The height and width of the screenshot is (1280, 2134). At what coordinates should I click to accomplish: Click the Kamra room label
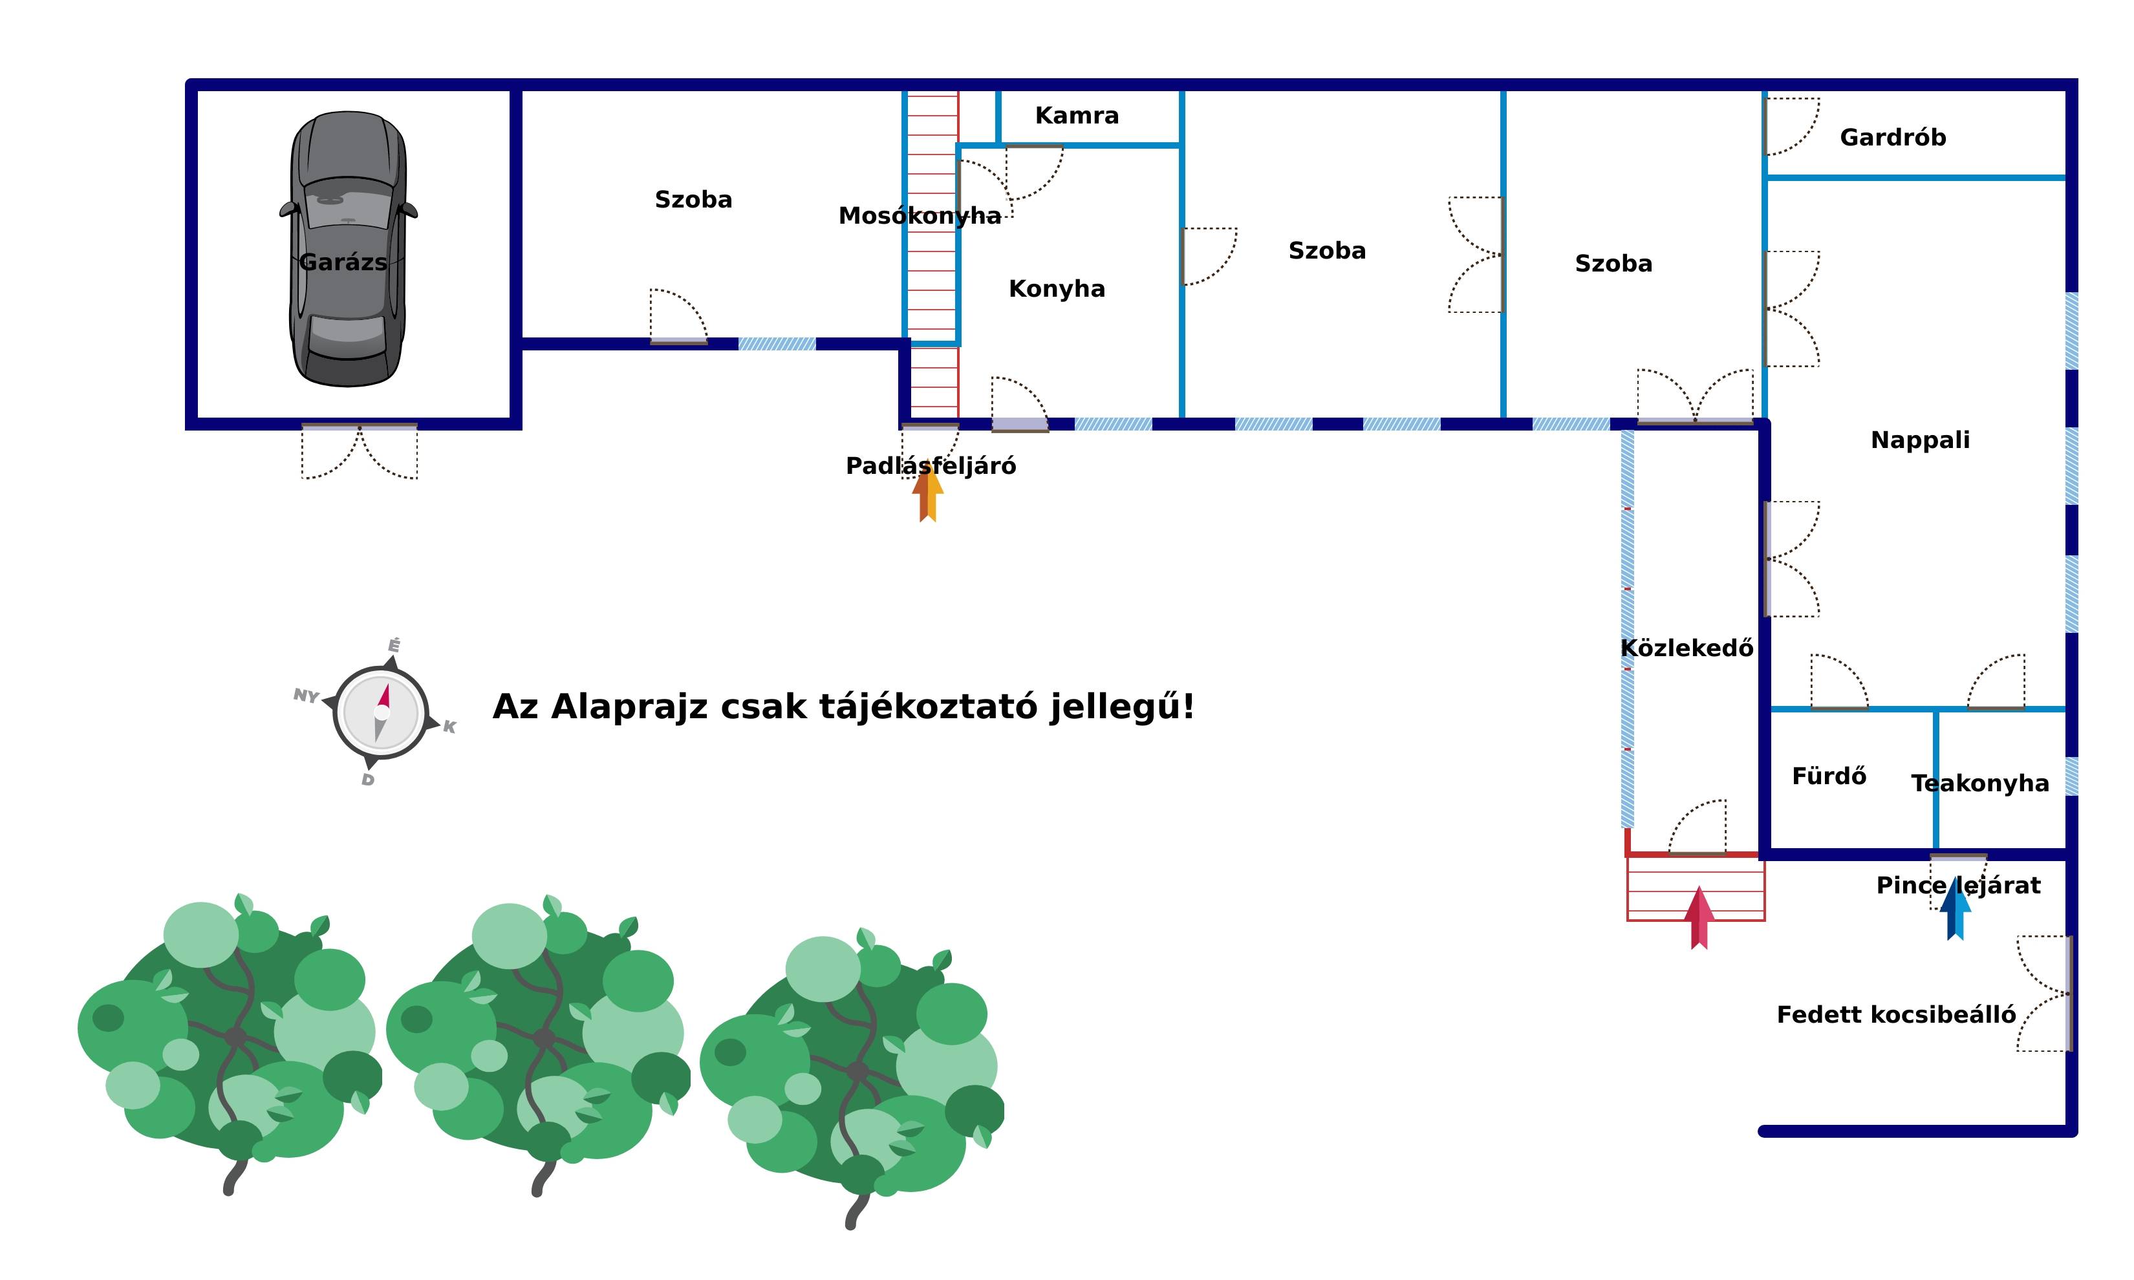tap(1077, 116)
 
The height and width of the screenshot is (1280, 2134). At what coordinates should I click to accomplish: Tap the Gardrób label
tap(1893, 137)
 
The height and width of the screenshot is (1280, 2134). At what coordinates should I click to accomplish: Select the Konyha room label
tap(1057, 288)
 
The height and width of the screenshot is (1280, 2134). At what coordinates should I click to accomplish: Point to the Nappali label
tap(1920, 440)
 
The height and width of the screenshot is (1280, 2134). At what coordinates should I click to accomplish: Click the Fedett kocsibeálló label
tap(1896, 1014)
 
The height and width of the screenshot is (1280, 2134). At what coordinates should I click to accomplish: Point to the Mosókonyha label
tap(920, 216)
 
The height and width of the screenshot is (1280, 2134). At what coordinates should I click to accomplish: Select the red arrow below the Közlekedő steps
tap(1699, 918)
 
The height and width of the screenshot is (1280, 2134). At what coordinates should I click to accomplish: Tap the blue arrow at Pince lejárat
tap(1956, 908)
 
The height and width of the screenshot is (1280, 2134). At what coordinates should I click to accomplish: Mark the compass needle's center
tap(382, 712)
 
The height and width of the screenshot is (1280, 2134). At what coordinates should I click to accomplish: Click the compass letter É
tap(394, 645)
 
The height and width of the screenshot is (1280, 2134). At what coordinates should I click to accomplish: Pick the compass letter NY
tap(307, 695)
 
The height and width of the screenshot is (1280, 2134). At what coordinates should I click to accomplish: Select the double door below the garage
tap(360, 450)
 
